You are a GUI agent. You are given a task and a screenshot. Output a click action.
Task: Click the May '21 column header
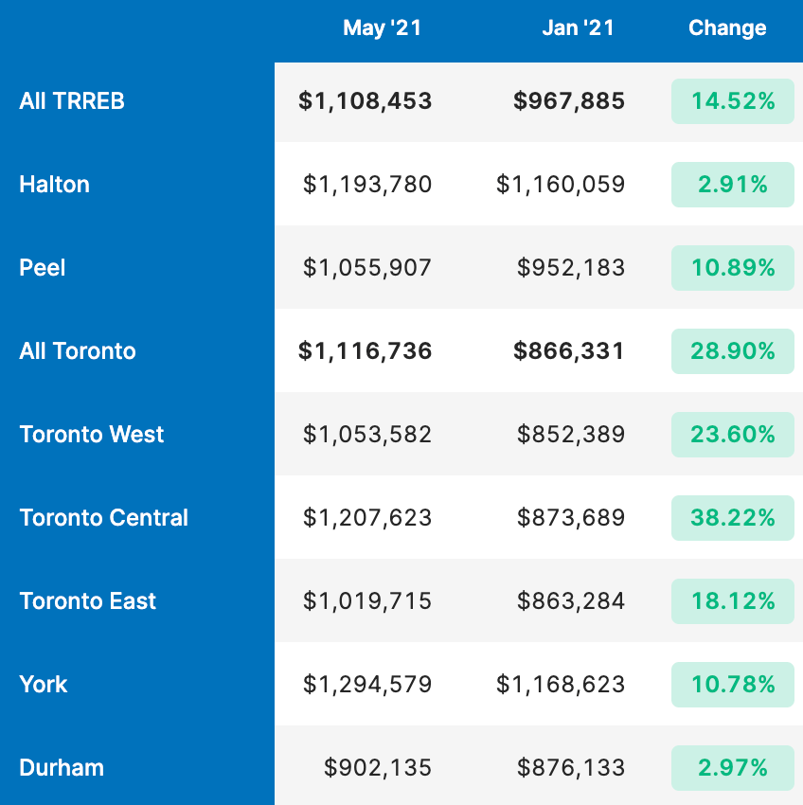point(382,28)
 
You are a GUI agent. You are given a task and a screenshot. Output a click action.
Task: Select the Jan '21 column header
point(579,28)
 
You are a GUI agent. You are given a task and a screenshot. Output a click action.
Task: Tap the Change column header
point(727,28)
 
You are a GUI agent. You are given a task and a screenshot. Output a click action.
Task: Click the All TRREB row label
point(72,101)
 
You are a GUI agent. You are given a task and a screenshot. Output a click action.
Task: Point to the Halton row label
point(54,185)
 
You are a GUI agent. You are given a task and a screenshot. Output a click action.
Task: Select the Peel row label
point(42,267)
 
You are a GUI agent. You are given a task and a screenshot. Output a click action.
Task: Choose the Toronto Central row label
point(104,517)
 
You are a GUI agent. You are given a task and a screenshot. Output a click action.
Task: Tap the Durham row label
point(62,767)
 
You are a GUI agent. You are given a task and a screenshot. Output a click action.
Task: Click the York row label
point(44,685)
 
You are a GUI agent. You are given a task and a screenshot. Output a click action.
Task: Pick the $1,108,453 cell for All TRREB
point(366,101)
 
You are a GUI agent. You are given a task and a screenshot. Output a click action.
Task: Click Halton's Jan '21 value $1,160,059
point(561,185)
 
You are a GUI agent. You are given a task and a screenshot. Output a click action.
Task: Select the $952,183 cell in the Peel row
point(571,267)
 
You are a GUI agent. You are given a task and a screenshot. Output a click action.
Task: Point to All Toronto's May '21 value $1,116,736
point(366,351)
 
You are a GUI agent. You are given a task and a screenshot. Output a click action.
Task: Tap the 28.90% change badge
point(733,351)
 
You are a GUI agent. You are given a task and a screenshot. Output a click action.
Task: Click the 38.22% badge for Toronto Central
point(733,517)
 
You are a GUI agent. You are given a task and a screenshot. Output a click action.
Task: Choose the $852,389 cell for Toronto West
point(571,435)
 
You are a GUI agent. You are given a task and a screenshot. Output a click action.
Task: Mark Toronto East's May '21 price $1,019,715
point(367,601)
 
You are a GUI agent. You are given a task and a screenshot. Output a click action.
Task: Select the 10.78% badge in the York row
point(733,685)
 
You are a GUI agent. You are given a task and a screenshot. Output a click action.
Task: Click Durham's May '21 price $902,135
point(378,767)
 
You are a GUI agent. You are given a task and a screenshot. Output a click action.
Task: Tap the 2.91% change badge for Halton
point(733,185)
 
